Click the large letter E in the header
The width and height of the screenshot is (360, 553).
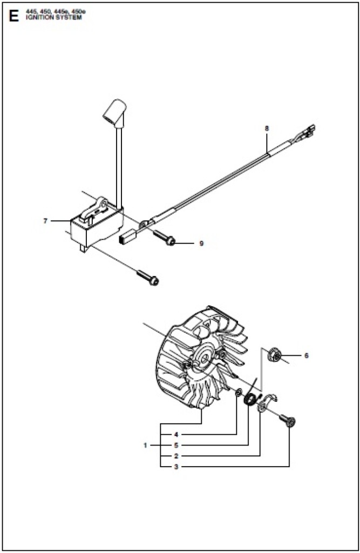click(13, 16)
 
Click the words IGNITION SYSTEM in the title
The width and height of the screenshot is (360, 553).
click(53, 17)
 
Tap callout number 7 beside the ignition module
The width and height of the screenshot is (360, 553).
click(45, 221)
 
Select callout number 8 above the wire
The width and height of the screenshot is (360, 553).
click(267, 129)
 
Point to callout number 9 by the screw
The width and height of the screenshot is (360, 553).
click(201, 244)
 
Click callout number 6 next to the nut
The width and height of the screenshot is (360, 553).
click(306, 355)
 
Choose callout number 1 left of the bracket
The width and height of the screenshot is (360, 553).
click(145, 446)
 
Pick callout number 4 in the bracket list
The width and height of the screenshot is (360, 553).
click(176, 435)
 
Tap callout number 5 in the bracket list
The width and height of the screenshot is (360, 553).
click(176, 446)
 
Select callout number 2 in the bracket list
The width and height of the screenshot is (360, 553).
click(176, 456)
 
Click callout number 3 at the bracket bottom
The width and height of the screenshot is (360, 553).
click(176, 467)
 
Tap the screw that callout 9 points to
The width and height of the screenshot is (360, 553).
click(164, 237)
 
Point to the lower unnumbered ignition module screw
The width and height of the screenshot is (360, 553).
click(148, 278)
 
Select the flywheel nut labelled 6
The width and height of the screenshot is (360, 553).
click(274, 354)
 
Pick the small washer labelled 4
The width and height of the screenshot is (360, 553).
click(239, 392)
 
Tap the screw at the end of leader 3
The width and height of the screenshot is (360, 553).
click(287, 420)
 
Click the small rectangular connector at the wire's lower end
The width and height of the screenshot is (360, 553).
click(127, 238)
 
